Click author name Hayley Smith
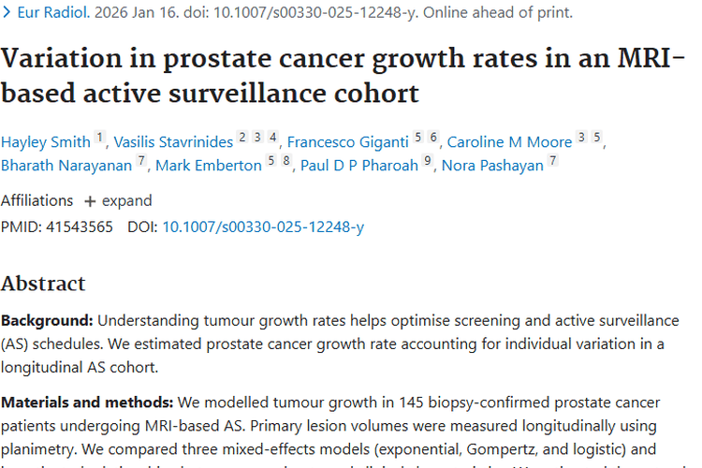pos(45,142)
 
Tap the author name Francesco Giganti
pos(347,142)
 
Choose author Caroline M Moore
pos(509,142)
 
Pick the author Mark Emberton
pos(209,166)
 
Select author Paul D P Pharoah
pos(359,166)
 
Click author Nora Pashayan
pos(492,166)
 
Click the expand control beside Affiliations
pos(118,200)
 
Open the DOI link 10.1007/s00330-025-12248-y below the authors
pos(263,227)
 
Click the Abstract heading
pos(43,284)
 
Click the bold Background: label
pos(47,320)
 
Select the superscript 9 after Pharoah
pos(427,162)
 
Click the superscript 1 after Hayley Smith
pos(100,139)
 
